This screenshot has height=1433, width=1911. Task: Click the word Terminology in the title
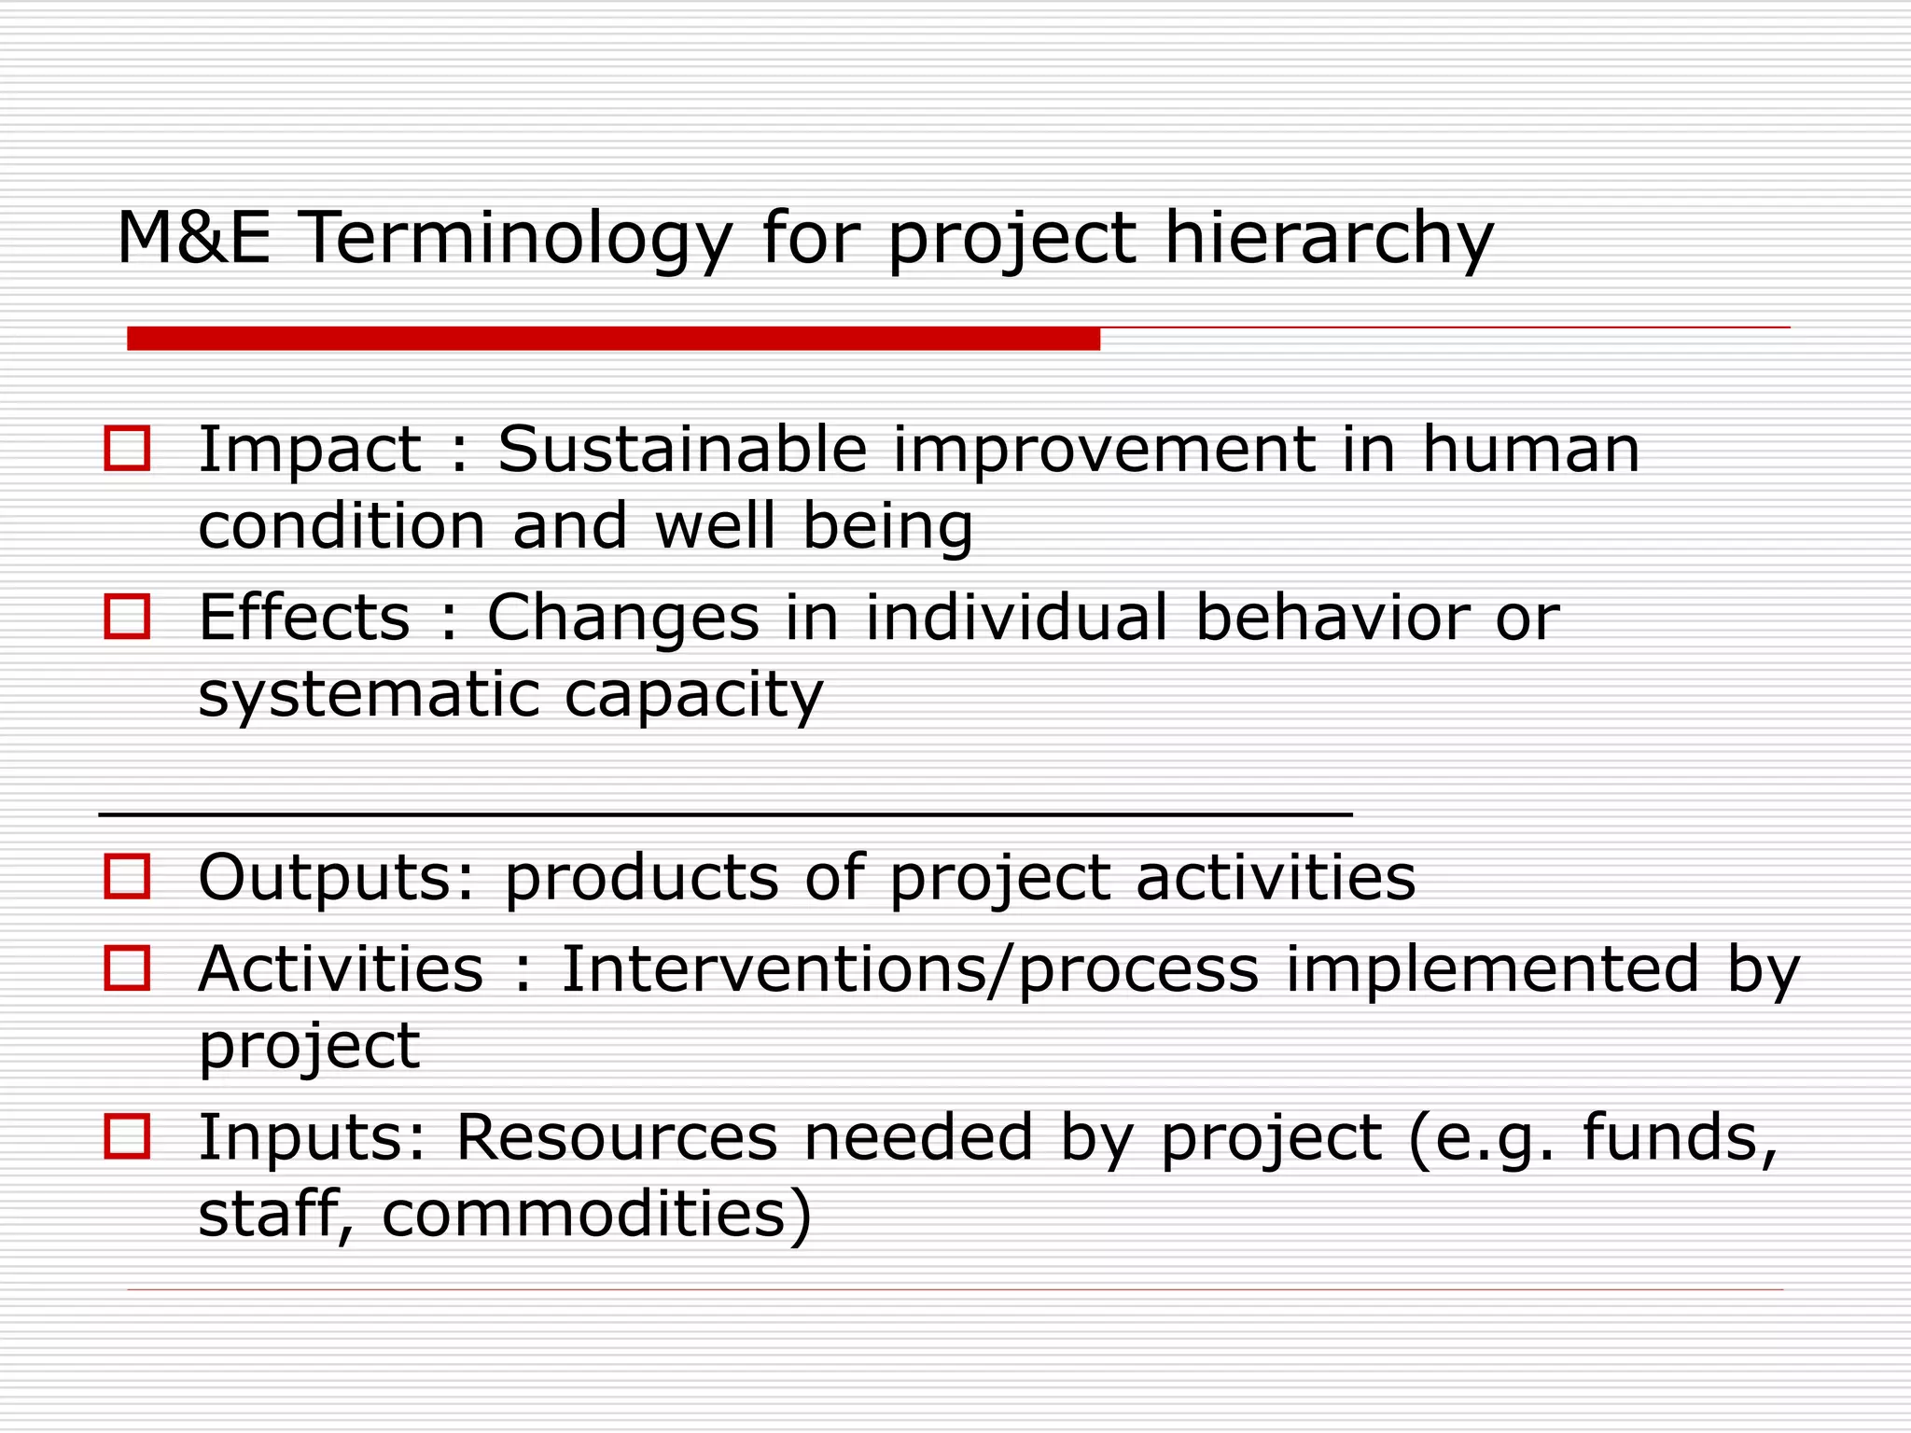[514, 239]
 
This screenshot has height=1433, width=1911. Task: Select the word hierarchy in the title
[1329, 239]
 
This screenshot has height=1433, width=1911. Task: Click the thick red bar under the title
[613, 339]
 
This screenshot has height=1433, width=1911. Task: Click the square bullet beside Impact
[127, 449]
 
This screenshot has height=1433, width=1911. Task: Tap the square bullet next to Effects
[127, 617]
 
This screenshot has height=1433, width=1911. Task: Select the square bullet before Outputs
[127, 877]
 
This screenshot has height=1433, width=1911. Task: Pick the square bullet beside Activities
[127, 967]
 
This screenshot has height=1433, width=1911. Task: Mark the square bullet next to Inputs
[127, 1136]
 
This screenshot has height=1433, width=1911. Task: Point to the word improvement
[1105, 451]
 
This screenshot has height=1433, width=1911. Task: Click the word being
[887, 527]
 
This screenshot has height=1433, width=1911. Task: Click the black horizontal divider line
[725, 814]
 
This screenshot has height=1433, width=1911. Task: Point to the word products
[641, 879]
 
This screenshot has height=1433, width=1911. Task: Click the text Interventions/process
[909, 970]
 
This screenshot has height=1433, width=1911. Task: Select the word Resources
[616, 1137]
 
